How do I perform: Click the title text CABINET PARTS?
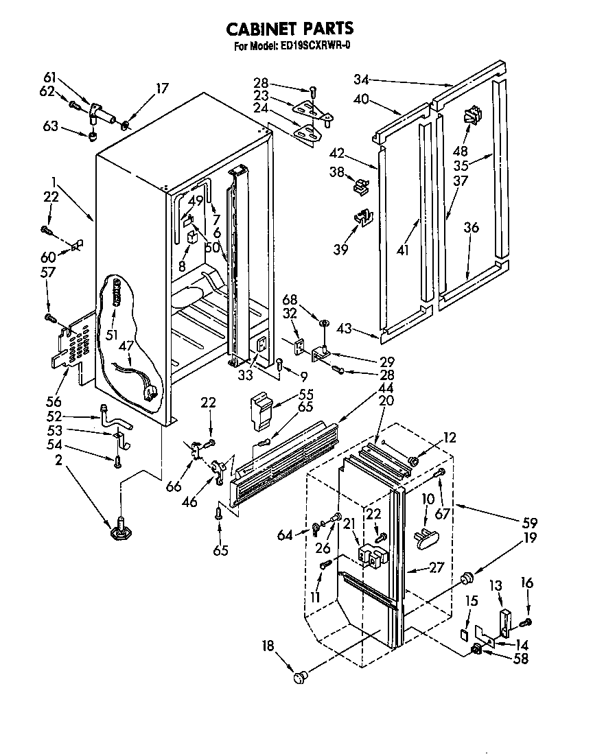tap(290, 28)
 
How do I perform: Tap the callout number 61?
tap(50, 77)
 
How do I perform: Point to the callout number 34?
tap(362, 78)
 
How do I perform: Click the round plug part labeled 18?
tap(299, 677)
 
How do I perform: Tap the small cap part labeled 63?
tap(92, 134)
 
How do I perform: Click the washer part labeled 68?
tap(323, 322)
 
